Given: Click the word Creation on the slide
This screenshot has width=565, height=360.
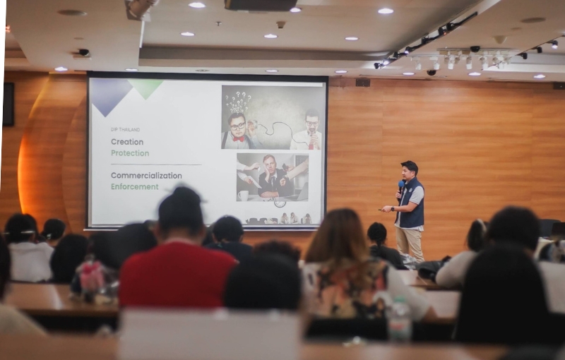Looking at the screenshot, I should click(127, 142).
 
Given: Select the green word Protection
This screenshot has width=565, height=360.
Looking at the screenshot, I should click(130, 153).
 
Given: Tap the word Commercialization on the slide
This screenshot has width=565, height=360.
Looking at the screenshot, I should click(146, 176).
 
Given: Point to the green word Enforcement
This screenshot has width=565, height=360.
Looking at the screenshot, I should click(135, 187).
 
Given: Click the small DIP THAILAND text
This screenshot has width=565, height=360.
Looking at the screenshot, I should click(125, 129).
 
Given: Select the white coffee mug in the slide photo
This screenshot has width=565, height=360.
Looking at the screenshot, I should click(243, 196).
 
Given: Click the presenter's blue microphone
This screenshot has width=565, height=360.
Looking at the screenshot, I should click(401, 187).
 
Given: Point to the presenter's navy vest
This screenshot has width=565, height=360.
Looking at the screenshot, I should click(411, 204).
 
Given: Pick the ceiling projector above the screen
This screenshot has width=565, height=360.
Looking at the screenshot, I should click(261, 5).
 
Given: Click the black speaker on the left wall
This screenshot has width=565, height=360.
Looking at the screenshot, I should click(8, 104).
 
